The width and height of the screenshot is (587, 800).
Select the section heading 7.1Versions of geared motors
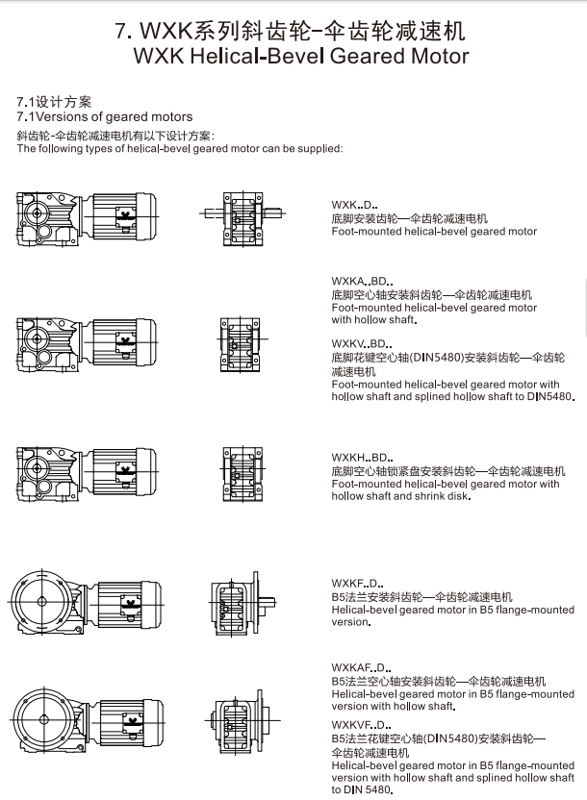coord(105,116)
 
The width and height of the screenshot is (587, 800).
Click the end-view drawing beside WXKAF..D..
coord(234,718)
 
